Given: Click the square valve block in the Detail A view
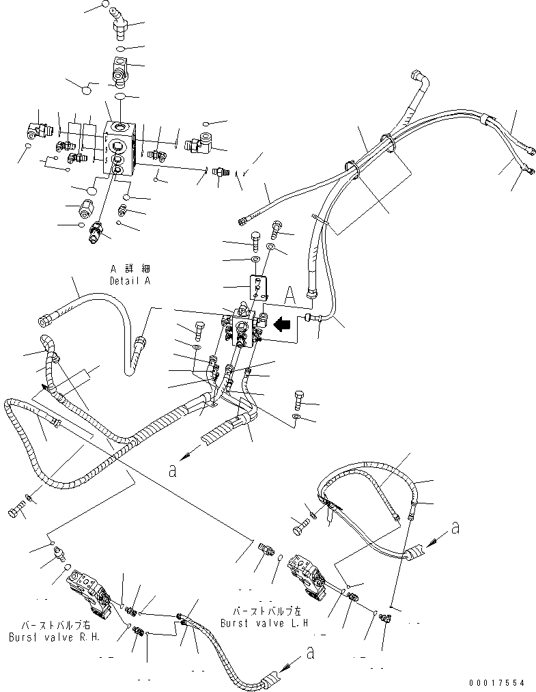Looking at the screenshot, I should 122,148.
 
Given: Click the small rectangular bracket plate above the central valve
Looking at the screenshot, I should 257,286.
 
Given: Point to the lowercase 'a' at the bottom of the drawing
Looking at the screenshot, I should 311,654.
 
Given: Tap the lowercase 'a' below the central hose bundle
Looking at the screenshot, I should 171,470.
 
